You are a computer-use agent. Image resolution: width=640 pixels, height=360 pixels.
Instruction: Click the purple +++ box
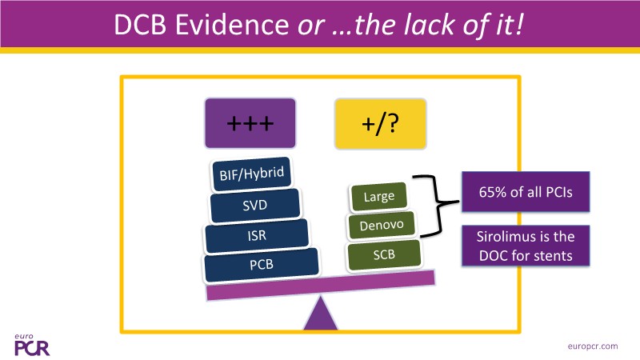click(x=250, y=124)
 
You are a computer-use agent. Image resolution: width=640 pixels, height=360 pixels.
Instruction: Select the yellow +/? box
click(x=375, y=124)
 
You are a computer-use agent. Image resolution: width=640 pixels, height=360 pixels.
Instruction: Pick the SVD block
click(x=255, y=206)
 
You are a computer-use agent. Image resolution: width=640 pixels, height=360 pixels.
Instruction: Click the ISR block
click(x=257, y=236)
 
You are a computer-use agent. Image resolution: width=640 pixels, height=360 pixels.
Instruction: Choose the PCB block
click(x=261, y=266)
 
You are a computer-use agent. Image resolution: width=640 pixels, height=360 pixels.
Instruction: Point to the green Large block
click(x=378, y=196)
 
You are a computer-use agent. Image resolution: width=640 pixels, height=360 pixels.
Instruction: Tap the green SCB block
click(x=384, y=255)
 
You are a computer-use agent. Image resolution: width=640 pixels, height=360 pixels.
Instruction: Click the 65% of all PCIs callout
click(x=524, y=194)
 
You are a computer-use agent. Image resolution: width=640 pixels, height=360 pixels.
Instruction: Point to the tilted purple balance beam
click(x=321, y=284)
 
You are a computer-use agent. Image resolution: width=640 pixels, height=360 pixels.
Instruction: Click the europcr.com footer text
click(x=591, y=345)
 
